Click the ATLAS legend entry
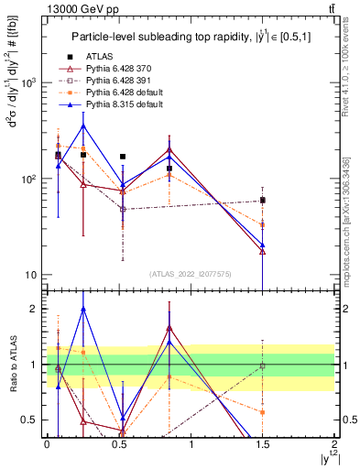pyautogui.click(x=99, y=57)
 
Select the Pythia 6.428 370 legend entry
pyautogui.click(x=122, y=69)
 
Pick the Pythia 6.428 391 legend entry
pyautogui.click(x=122, y=81)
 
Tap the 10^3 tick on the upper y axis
pyautogui.click(x=29, y=82)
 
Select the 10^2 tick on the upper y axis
pyautogui.click(x=29, y=179)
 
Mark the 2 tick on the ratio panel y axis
pyautogui.click(x=35, y=309)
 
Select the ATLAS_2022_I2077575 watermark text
pyautogui.click(x=191, y=274)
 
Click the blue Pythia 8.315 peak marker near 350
pyautogui.click(x=83, y=125)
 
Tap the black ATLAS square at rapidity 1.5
pyautogui.click(x=263, y=200)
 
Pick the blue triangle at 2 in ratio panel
pyautogui.click(x=83, y=309)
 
